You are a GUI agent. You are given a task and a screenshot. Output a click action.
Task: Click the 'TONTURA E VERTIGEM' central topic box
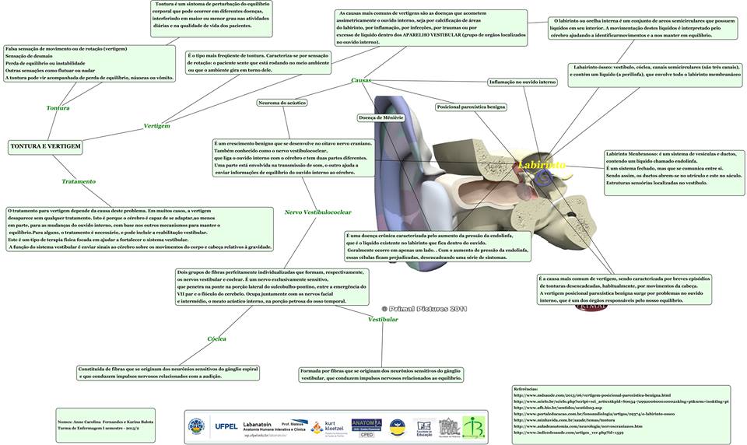click(45, 145)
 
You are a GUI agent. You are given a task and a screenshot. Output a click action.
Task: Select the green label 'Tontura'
click(58, 108)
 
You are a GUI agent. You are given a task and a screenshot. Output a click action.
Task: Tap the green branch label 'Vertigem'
click(156, 125)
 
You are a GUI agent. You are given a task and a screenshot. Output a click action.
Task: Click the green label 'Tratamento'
click(79, 181)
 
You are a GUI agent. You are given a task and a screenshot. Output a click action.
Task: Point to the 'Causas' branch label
click(361, 80)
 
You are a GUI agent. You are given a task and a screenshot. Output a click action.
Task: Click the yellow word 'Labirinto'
click(542, 165)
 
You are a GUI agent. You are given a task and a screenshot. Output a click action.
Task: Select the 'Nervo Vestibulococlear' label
click(317, 212)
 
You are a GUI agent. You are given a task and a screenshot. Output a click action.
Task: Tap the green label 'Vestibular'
click(383, 319)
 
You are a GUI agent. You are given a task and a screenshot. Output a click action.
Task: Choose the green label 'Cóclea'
click(216, 339)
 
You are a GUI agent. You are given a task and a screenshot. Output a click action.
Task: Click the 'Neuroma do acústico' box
click(281, 103)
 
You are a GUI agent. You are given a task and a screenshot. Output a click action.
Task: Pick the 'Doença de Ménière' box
click(380, 117)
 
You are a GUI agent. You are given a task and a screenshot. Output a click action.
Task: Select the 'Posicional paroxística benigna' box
click(472, 107)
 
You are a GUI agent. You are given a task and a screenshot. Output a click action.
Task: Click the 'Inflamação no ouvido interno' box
click(522, 82)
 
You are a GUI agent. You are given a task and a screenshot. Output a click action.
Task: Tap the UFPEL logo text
click(226, 426)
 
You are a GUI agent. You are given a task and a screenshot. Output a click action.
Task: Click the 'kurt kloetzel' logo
click(328, 427)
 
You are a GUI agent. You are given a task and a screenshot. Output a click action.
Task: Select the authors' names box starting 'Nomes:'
click(104, 424)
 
